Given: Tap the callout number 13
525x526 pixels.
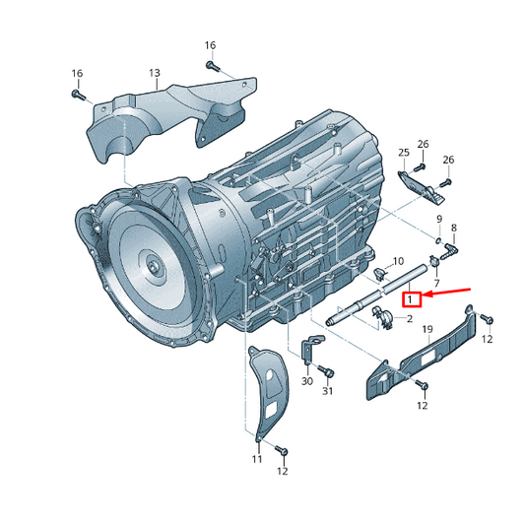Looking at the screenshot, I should (x=155, y=73).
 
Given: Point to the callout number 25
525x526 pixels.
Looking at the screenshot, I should (x=403, y=152).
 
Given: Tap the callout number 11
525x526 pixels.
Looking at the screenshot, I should (x=256, y=460).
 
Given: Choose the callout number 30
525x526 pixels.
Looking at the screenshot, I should (x=306, y=381).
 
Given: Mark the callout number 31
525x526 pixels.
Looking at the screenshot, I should (x=329, y=392).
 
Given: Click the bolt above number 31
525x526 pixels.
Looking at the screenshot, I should (x=328, y=372).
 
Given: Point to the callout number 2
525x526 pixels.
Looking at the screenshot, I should (x=409, y=318).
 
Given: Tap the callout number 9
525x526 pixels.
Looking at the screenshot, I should (x=439, y=218).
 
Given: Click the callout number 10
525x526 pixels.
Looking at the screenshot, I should (x=399, y=262).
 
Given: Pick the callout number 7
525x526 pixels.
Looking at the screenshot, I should (x=435, y=282).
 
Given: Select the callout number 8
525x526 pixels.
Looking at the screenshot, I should (x=454, y=229).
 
